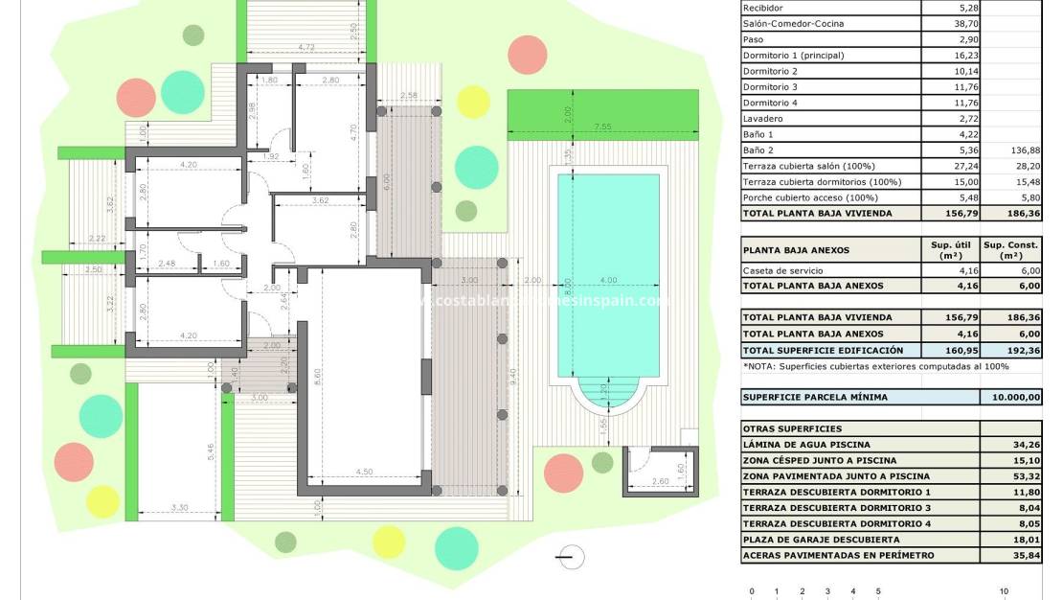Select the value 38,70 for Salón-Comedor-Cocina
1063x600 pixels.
[951, 24]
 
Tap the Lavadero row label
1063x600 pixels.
[762, 119]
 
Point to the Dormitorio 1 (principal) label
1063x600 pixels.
[793, 56]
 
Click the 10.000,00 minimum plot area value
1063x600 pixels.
[1010, 397]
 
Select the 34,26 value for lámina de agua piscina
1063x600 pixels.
[1026, 445]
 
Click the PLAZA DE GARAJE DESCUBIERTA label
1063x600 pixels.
[821, 540]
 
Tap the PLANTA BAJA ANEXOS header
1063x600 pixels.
[796, 250]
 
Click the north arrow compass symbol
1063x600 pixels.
[571, 556]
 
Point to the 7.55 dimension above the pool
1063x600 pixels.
[602, 127]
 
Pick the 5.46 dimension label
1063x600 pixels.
[210, 451]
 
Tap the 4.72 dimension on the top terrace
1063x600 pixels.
[306, 47]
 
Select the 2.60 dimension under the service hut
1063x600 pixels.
[659, 482]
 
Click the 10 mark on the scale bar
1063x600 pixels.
[1004, 591]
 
